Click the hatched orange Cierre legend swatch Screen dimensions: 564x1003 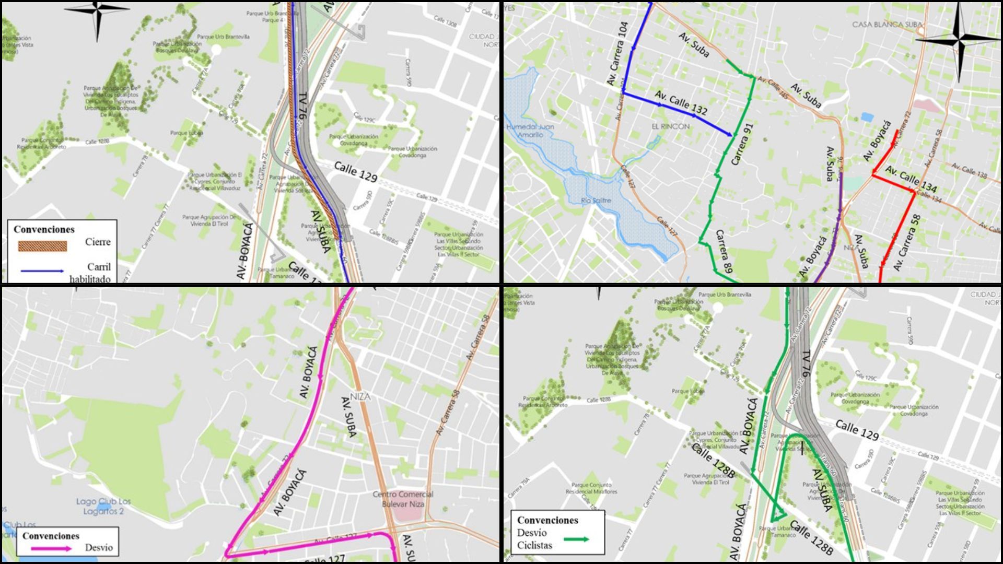42,246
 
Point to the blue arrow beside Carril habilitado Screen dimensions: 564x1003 42,271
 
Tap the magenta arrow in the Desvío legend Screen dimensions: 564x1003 51,548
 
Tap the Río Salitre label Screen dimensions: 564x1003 596,201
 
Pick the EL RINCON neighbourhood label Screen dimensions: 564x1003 670,126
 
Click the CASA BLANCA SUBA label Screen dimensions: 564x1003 887,25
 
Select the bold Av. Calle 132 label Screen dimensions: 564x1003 681,103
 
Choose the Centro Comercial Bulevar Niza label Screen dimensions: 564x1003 403,499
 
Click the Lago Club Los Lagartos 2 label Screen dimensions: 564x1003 103,506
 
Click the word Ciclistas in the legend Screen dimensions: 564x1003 534,546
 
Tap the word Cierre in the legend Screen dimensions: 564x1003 98,242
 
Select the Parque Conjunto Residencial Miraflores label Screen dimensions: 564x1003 591,488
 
